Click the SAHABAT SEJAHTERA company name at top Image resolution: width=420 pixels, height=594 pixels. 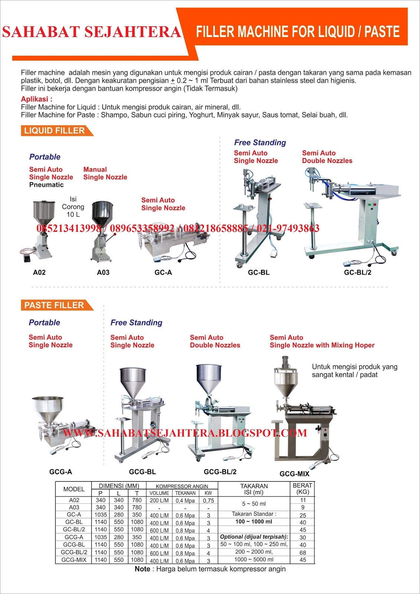(x=91, y=32)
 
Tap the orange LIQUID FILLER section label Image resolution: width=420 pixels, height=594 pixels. (x=54, y=131)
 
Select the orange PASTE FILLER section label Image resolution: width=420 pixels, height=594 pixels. (x=54, y=305)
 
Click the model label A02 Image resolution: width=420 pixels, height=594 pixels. (x=39, y=272)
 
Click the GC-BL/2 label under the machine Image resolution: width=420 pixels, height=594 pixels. (x=358, y=272)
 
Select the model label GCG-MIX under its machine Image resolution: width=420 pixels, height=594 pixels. (x=294, y=474)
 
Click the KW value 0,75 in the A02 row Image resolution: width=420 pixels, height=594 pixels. (x=208, y=501)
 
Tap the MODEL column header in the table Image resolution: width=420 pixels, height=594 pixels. (x=74, y=489)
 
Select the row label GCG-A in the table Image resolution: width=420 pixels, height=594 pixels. (x=74, y=537)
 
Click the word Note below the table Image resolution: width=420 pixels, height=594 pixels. (x=143, y=569)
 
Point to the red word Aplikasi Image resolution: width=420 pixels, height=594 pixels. (x=36, y=99)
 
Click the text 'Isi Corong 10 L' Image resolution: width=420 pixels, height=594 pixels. (x=73, y=207)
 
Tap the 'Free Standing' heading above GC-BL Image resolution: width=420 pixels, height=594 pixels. (x=260, y=143)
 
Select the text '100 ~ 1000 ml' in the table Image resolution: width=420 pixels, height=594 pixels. (x=254, y=522)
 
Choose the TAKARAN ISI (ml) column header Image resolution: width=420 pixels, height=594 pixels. (x=254, y=489)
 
